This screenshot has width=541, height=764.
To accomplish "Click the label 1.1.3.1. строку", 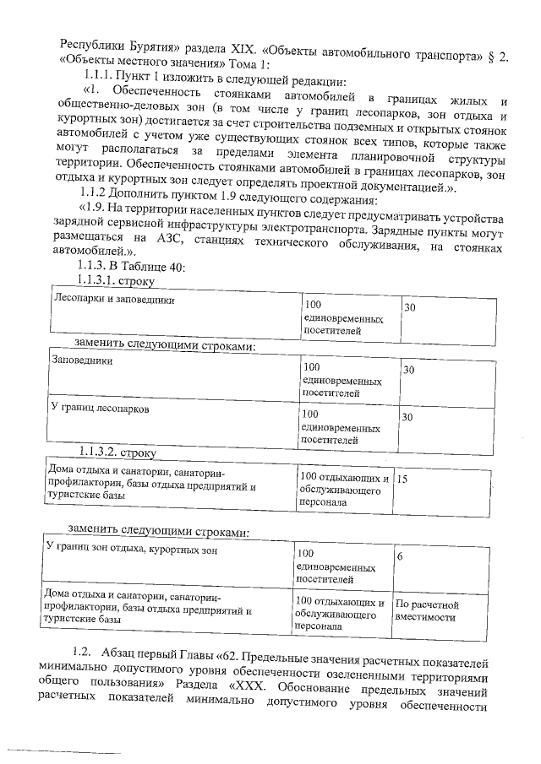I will [110, 280].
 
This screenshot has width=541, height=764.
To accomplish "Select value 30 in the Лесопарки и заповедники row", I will [409, 309].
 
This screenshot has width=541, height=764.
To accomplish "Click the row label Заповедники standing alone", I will [83, 360].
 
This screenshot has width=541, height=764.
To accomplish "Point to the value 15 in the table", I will [402, 479].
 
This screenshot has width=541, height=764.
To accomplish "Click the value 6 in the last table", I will [400, 558].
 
